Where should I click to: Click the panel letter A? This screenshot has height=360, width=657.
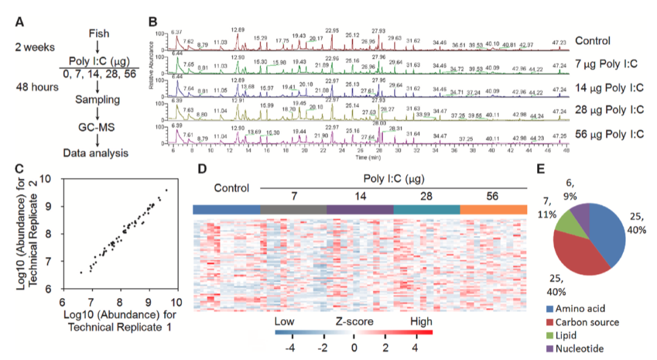point(20,22)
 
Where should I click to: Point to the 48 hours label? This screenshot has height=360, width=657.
point(38,86)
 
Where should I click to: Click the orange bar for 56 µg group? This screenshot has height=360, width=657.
point(493,209)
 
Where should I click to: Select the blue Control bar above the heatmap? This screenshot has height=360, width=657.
point(226,209)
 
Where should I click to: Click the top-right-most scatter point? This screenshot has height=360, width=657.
point(166,190)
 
